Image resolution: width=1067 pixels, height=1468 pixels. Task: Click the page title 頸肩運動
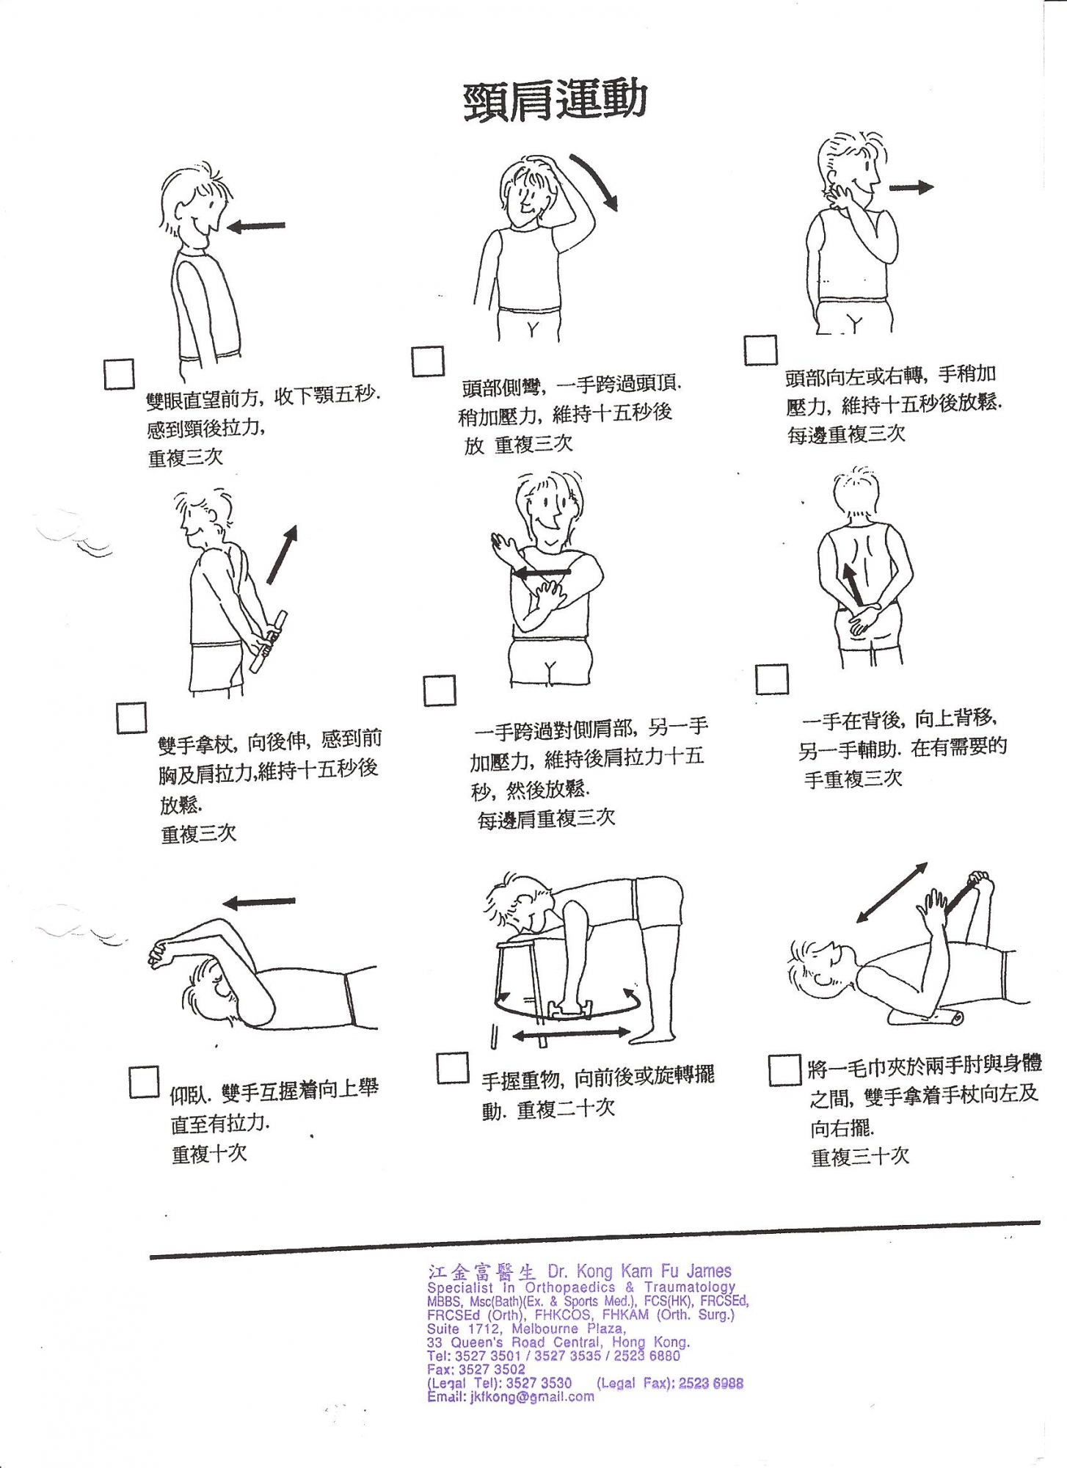(x=555, y=100)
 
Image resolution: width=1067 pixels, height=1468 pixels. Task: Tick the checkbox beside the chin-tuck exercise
(x=119, y=374)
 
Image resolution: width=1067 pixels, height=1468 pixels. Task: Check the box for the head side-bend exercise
(x=428, y=361)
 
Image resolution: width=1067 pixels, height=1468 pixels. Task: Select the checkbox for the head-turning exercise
(x=760, y=349)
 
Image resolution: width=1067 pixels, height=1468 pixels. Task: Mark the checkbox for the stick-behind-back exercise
(x=131, y=717)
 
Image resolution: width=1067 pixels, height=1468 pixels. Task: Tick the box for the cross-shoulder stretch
(x=439, y=690)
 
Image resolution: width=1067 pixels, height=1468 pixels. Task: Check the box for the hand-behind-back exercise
(x=772, y=679)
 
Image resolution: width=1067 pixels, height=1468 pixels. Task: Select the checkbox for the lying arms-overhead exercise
(x=144, y=1081)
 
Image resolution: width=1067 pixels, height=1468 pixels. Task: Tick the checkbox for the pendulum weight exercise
(x=452, y=1068)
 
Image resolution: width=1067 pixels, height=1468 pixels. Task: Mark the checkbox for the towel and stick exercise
(x=784, y=1070)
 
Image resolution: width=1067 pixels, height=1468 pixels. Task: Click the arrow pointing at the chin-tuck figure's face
(x=255, y=226)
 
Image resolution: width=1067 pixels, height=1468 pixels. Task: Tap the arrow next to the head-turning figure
(x=911, y=187)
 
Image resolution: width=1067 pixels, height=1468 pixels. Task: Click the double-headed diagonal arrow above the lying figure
(x=892, y=892)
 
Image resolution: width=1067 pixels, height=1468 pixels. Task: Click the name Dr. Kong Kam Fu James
(x=640, y=1271)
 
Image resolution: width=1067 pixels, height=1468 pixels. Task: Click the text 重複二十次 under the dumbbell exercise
(x=566, y=1109)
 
